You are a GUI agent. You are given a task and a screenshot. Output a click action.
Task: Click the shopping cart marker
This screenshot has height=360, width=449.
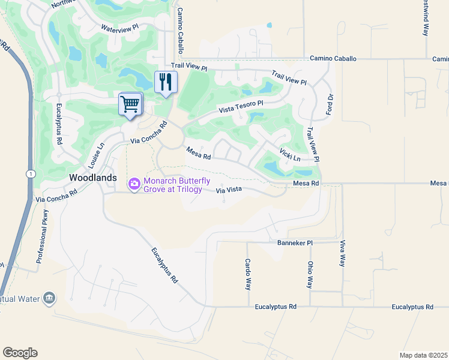(130, 104)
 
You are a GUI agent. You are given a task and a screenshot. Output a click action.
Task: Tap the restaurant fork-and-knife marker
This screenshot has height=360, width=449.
(166, 82)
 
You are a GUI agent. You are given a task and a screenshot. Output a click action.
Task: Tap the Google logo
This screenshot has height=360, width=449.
(20, 353)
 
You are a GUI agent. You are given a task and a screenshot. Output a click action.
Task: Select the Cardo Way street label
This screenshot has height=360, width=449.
(247, 274)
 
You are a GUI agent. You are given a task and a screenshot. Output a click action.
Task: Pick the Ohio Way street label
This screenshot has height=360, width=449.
(310, 274)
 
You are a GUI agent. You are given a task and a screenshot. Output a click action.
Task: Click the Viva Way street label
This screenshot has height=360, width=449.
(343, 253)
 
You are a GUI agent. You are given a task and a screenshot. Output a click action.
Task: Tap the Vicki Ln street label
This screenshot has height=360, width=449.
(290, 154)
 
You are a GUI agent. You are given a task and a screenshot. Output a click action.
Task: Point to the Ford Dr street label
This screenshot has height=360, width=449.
(329, 105)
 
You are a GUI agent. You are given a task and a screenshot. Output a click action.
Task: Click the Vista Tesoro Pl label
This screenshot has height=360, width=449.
(241, 106)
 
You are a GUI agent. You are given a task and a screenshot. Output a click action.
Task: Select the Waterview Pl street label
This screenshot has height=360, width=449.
(119, 28)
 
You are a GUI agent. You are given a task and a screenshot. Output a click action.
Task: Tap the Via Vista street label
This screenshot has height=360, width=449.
(229, 190)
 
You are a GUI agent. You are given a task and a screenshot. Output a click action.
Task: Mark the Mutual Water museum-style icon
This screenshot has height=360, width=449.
(49, 298)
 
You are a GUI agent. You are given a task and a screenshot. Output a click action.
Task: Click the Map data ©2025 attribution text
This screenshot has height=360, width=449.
(423, 355)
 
